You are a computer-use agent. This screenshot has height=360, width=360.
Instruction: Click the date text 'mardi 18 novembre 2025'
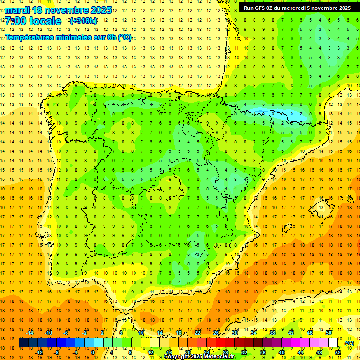pos(58,10)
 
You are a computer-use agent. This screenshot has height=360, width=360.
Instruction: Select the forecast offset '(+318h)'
pos(83,21)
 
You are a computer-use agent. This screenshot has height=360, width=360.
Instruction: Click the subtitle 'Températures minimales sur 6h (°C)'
pos(68,37)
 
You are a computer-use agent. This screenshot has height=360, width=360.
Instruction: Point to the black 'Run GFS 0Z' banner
pos(297,7)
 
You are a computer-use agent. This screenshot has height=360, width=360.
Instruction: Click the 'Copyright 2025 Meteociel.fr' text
pos(199,357)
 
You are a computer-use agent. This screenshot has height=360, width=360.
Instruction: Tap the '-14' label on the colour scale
pos(30,333)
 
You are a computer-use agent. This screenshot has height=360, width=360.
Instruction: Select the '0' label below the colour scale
pos(92,352)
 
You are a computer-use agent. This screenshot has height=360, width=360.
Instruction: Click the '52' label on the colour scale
pos(338,352)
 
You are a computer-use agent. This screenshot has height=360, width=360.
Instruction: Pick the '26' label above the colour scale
pos(216,333)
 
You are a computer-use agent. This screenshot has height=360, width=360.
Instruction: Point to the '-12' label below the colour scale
pos(39,352)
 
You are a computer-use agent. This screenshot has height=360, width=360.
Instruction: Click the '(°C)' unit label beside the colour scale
pos(349,343)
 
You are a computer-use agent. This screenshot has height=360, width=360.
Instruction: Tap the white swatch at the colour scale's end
pos(333,343)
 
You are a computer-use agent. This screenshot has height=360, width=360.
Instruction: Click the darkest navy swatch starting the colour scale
pos(23,343)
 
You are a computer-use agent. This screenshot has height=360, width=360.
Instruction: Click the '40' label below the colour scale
pos(282,352)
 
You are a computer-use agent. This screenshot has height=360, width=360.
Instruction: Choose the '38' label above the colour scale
pos(272,333)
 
